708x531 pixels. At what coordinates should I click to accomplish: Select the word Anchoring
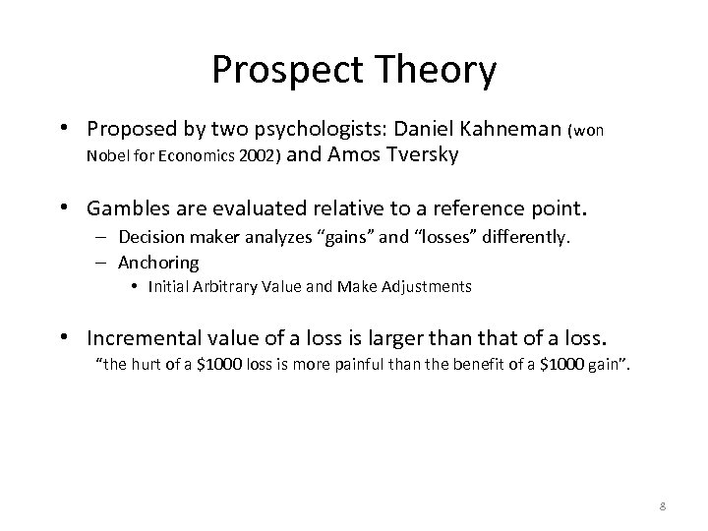tap(158, 263)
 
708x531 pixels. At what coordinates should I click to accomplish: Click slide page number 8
tap(663, 506)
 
